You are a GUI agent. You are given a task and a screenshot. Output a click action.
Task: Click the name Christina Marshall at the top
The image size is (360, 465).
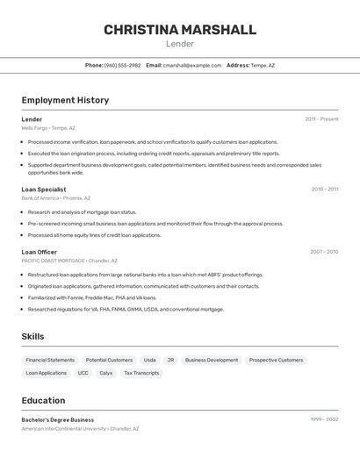pyautogui.click(x=180, y=30)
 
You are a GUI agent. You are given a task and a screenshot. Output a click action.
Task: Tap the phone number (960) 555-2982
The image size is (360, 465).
pyautogui.click(x=122, y=66)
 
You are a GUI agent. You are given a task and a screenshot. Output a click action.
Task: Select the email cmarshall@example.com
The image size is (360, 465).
pyautogui.click(x=192, y=66)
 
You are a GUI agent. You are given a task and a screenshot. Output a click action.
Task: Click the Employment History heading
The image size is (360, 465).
pyautogui.click(x=65, y=100)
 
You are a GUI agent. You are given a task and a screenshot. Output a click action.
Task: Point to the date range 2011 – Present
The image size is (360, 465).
pyautogui.click(x=321, y=119)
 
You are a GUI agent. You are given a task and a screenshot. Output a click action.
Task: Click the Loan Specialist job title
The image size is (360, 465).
pyautogui.click(x=44, y=189)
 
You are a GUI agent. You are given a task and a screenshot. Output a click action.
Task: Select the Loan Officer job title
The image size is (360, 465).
pyautogui.click(x=40, y=252)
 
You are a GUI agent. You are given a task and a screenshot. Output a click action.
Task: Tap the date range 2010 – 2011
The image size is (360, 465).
pyautogui.click(x=324, y=189)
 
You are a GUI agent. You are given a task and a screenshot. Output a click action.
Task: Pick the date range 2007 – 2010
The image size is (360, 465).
pyautogui.click(x=323, y=252)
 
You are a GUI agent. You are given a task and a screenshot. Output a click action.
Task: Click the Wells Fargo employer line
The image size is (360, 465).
pyautogui.click(x=48, y=128)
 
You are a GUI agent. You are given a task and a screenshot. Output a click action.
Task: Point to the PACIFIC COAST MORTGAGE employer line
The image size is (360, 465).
pyautogui.click(x=69, y=261)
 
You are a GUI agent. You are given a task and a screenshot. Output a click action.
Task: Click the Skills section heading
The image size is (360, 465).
pyautogui.click(x=32, y=337)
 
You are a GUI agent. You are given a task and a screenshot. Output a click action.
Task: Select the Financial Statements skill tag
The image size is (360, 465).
pyautogui.click(x=50, y=360)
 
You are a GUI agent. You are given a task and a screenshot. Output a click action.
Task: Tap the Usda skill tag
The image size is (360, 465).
pyautogui.click(x=149, y=360)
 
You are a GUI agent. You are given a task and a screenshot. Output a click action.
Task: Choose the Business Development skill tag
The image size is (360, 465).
pyautogui.click(x=211, y=360)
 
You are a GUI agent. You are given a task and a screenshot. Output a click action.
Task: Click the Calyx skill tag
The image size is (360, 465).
pyautogui.click(x=105, y=373)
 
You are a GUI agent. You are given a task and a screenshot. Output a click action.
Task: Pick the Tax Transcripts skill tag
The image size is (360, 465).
pyautogui.click(x=141, y=373)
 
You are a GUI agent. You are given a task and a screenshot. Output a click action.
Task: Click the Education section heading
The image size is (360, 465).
pyautogui.click(x=43, y=400)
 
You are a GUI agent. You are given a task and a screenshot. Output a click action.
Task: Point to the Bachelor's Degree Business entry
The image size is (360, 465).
pyautogui.click(x=58, y=419)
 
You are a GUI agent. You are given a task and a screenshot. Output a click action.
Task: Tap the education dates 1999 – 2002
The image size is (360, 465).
pyautogui.click(x=324, y=419)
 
